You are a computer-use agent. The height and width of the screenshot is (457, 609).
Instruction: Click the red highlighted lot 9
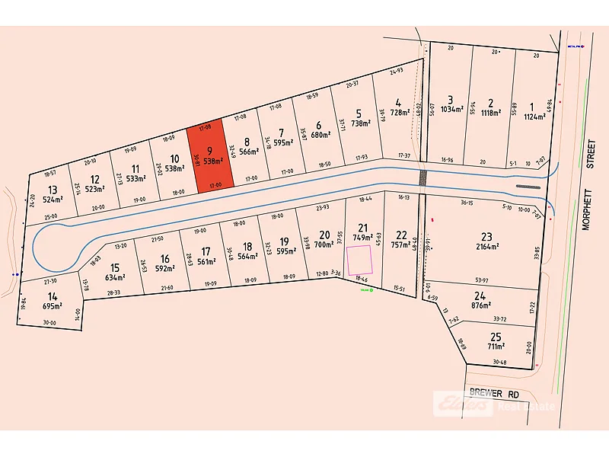pyautogui.click(x=207, y=155)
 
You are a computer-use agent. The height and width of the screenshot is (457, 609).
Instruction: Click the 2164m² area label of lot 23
pyautogui.click(x=487, y=246)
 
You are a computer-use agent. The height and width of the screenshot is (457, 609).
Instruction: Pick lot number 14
pyautogui.click(x=52, y=296)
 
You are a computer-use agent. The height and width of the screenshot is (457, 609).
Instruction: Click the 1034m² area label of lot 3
pyautogui.click(x=451, y=110)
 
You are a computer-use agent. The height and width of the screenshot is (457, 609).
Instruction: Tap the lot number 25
pyautogui.click(x=496, y=337)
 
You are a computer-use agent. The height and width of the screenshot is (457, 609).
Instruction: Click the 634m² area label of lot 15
pyautogui.click(x=116, y=277)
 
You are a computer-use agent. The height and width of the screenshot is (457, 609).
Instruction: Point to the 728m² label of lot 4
pyautogui.click(x=399, y=112)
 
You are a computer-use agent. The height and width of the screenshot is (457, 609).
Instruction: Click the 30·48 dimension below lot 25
pyautogui.click(x=499, y=362)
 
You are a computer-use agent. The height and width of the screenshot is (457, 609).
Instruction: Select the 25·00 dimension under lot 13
pyautogui.click(x=50, y=217)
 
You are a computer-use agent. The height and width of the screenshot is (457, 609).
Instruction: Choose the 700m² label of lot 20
pyautogui.click(x=324, y=245)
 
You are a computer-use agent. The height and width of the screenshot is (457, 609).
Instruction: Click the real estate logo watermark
pyautogui.click(x=463, y=404)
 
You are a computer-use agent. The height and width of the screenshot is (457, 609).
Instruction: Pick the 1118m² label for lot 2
pyautogui.click(x=491, y=113)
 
